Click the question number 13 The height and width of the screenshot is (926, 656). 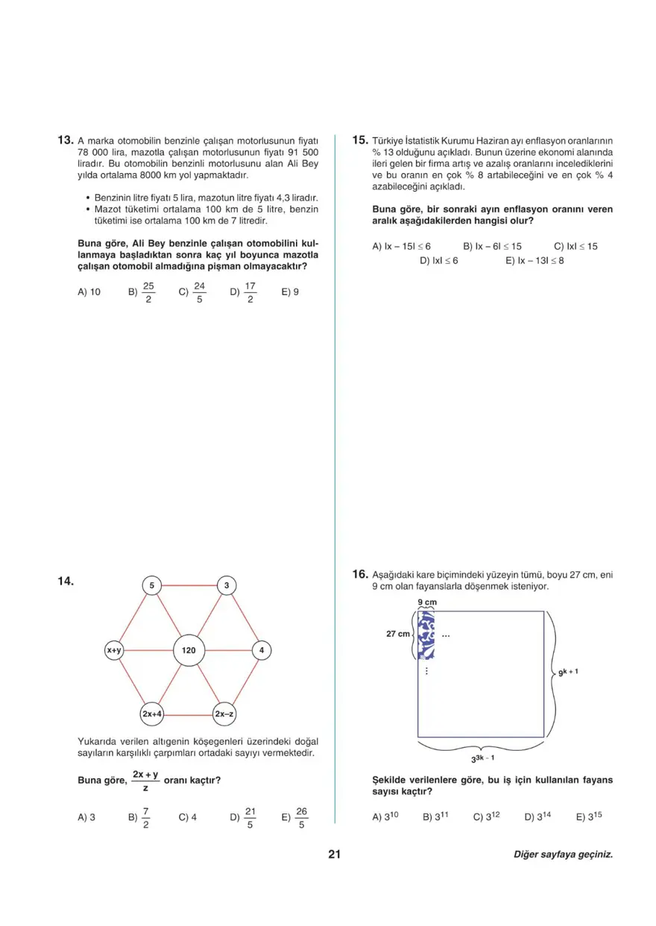click(65, 139)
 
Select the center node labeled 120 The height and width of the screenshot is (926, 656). click(189, 650)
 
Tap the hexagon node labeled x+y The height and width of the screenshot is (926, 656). click(114, 650)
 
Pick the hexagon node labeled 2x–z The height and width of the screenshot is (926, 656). click(225, 714)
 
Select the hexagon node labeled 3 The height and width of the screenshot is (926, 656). click(226, 586)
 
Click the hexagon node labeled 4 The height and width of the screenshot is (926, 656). click(262, 650)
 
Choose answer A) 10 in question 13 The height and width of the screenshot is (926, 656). click(89, 292)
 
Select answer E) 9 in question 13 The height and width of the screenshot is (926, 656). click(290, 292)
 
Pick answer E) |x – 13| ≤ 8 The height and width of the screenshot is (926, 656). click(534, 261)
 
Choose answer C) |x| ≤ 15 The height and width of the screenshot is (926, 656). click(575, 246)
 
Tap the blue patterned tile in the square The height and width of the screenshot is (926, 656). click(426, 635)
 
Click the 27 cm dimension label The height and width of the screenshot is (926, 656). click(398, 634)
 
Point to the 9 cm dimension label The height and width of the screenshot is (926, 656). click(426, 601)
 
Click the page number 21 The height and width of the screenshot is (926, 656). click(334, 854)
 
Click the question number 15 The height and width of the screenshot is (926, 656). click(360, 139)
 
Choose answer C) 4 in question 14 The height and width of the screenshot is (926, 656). click(187, 817)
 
